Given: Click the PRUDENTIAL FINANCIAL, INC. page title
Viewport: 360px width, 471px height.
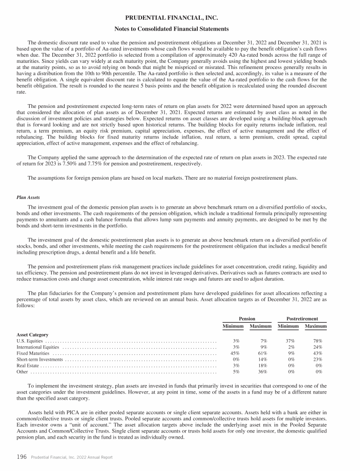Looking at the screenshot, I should click(180, 18).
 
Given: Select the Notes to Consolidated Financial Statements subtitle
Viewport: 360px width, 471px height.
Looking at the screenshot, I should click(180, 29).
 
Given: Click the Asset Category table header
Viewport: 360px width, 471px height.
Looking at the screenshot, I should click(32, 334).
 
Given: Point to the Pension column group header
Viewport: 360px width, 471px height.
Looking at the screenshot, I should click(247, 318).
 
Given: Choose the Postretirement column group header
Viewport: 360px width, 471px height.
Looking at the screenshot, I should click(302, 318).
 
